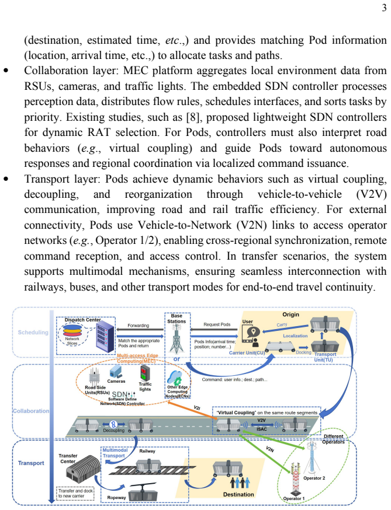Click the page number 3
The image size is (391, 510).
(x=384, y=8)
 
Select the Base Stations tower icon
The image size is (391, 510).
(x=177, y=340)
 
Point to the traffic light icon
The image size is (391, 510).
(x=144, y=373)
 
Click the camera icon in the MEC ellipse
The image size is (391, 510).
(x=116, y=372)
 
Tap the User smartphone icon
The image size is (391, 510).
(x=251, y=336)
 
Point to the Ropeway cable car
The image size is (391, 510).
(x=143, y=491)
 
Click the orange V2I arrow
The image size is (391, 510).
(x=191, y=410)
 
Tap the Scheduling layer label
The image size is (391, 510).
(x=33, y=332)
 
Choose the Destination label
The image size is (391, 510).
(x=238, y=494)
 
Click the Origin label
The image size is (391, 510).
(x=290, y=315)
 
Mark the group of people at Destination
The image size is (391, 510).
(x=240, y=483)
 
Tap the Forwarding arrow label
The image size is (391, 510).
(x=138, y=325)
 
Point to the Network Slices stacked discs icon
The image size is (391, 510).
(x=72, y=331)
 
